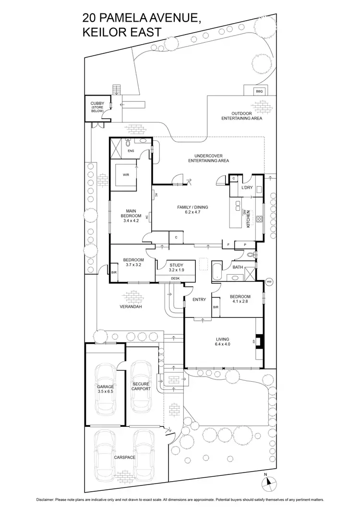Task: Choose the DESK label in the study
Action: pyautogui.click(x=175, y=278)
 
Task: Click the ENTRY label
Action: pyautogui.click(x=199, y=300)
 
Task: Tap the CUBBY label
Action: pyautogui.click(x=97, y=103)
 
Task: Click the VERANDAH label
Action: pyautogui.click(x=131, y=305)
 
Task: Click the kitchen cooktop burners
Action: pyautogui.click(x=259, y=220)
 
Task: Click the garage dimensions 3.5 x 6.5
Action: pyautogui.click(x=106, y=392)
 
